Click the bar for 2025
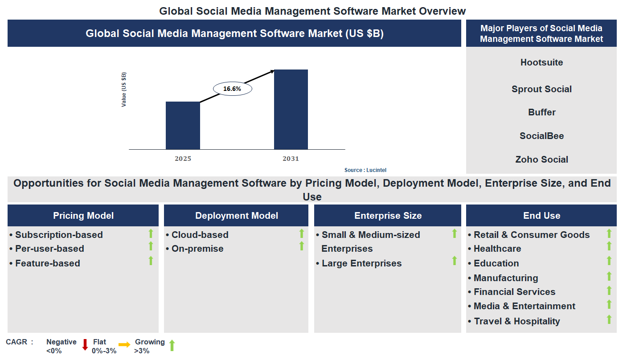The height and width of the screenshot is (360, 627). click(x=183, y=125)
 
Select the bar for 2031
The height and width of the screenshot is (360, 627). click(x=291, y=109)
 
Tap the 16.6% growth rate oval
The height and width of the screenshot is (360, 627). click(x=232, y=89)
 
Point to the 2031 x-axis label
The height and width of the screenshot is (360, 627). click(x=291, y=159)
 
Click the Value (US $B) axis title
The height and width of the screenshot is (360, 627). click(x=124, y=89)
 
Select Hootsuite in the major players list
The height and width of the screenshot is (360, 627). click(x=541, y=62)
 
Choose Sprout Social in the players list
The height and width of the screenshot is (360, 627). click(x=541, y=89)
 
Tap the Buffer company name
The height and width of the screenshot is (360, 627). click(x=541, y=112)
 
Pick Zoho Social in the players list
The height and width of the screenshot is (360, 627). click(x=541, y=160)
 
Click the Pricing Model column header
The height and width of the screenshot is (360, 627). click(x=83, y=216)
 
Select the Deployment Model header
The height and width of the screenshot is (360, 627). click(x=236, y=216)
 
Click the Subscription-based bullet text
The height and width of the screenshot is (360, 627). click(x=59, y=235)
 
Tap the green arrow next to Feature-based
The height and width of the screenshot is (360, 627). click(x=151, y=261)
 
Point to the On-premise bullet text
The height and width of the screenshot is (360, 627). click(x=197, y=249)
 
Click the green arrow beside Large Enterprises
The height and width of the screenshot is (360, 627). click(x=455, y=261)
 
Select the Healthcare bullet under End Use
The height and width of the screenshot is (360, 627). click(x=497, y=249)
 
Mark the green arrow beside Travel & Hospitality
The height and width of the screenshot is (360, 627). click(x=609, y=319)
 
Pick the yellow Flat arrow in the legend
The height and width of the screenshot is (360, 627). click(x=124, y=344)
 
